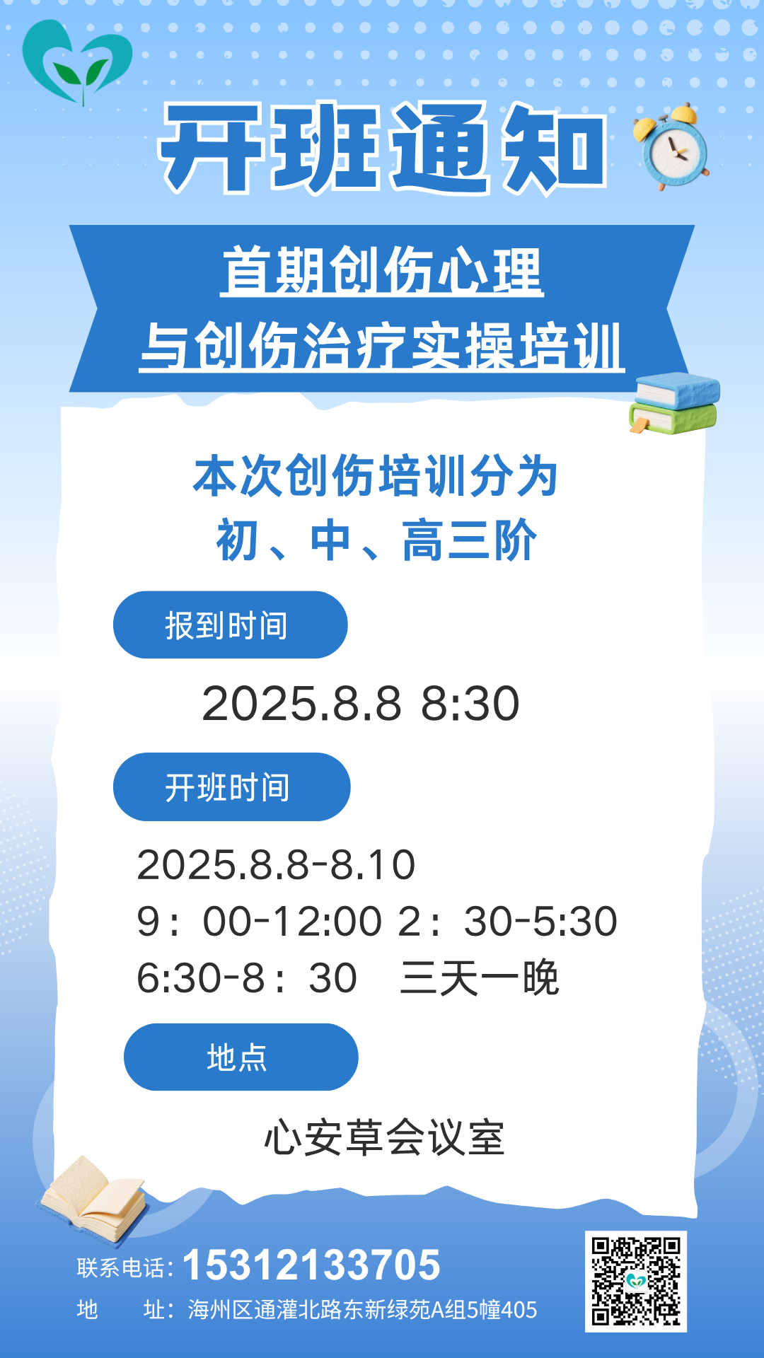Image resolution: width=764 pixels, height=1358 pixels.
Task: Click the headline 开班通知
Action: pyautogui.click(x=383, y=148)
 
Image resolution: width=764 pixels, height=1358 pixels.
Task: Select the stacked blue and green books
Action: pyautogui.click(x=674, y=402)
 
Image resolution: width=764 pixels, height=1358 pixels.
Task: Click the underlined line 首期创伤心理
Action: pyautogui.click(x=382, y=270)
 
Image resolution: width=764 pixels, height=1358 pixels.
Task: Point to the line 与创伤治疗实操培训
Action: pyautogui.click(x=382, y=346)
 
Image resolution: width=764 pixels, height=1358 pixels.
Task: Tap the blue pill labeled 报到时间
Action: pyautogui.click(x=231, y=625)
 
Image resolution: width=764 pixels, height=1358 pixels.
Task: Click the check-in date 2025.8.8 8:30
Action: pyautogui.click(x=361, y=704)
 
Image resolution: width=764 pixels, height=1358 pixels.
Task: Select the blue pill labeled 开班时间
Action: pyautogui.click(x=232, y=787)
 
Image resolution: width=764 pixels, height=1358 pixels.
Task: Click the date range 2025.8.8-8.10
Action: pyautogui.click(x=276, y=864)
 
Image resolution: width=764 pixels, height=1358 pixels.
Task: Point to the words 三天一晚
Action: pyautogui.click(x=480, y=978)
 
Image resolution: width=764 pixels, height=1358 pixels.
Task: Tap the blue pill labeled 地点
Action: pyautogui.click(x=241, y=1057)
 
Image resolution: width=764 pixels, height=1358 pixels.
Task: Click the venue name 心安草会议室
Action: pyautogui.click(x=384, y=1138)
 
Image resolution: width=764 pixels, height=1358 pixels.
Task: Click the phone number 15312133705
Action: pyautogui.click(x=311, y=1265)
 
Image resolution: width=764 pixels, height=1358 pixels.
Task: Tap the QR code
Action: pyautogui.click(x=636, y=1281)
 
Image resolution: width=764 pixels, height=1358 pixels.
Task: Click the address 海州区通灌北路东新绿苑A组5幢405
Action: pyautogui.click(x=362, y=1310)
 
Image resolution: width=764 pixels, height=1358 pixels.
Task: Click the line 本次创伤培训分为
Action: pyautogui.click(x=376, y=476)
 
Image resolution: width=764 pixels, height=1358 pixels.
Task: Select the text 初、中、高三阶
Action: pyautogui.click(x=376, y=540)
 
